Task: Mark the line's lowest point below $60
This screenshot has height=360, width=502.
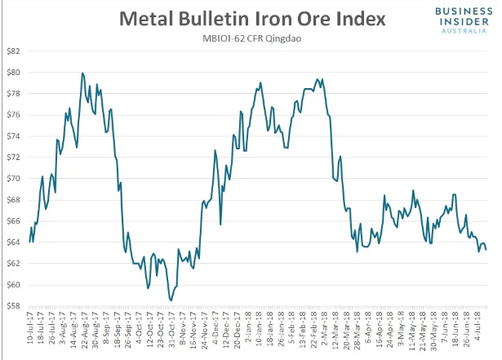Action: [171, 300]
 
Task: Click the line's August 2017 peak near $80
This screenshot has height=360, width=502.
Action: [82, 73]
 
